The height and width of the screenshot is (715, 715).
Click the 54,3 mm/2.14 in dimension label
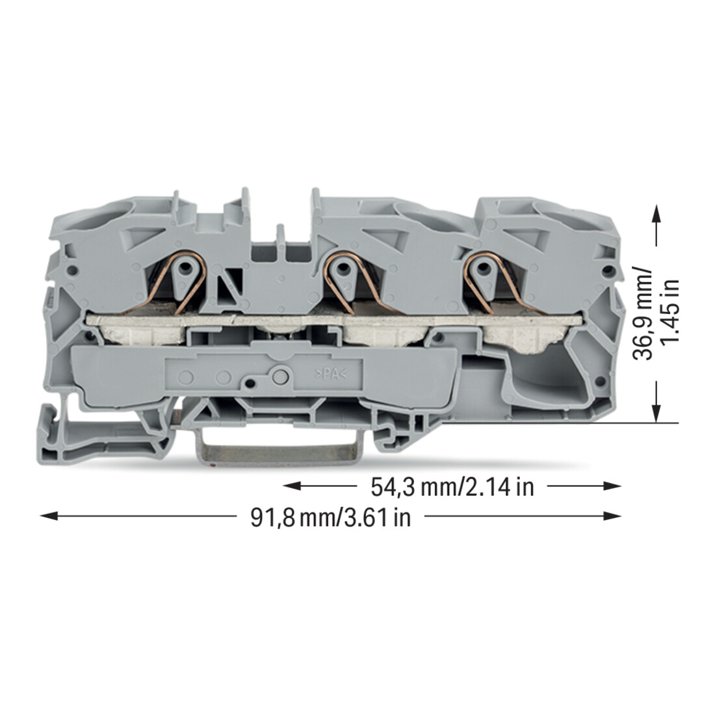click(452, 487)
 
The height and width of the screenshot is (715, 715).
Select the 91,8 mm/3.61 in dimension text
click(331, 517)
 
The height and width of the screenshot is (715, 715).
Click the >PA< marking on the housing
click(331, 374)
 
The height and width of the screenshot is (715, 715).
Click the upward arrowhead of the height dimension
click(656, 213)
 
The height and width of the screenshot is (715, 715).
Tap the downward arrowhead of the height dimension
click(656, 413)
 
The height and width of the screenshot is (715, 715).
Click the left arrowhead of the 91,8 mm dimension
click(49, 515)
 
